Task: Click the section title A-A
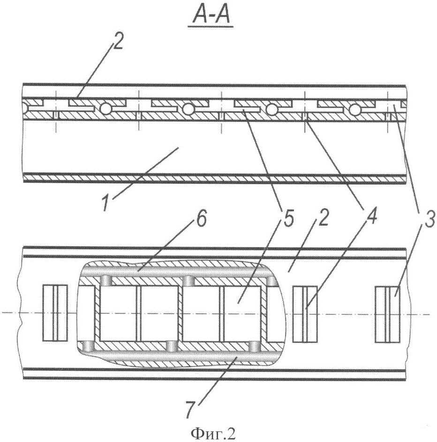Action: tap(211, 17)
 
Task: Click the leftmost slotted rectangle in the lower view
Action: tap(55, 313)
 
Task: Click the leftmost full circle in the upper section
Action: tap(106, 108)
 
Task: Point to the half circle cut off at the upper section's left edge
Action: tap(25, 108)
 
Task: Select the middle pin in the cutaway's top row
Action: tap(189, 281)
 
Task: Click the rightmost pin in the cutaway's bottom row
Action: tap(256, 346)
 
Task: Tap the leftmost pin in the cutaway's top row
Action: tap(106, 280)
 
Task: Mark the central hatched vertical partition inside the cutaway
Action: tap(180, 314)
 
